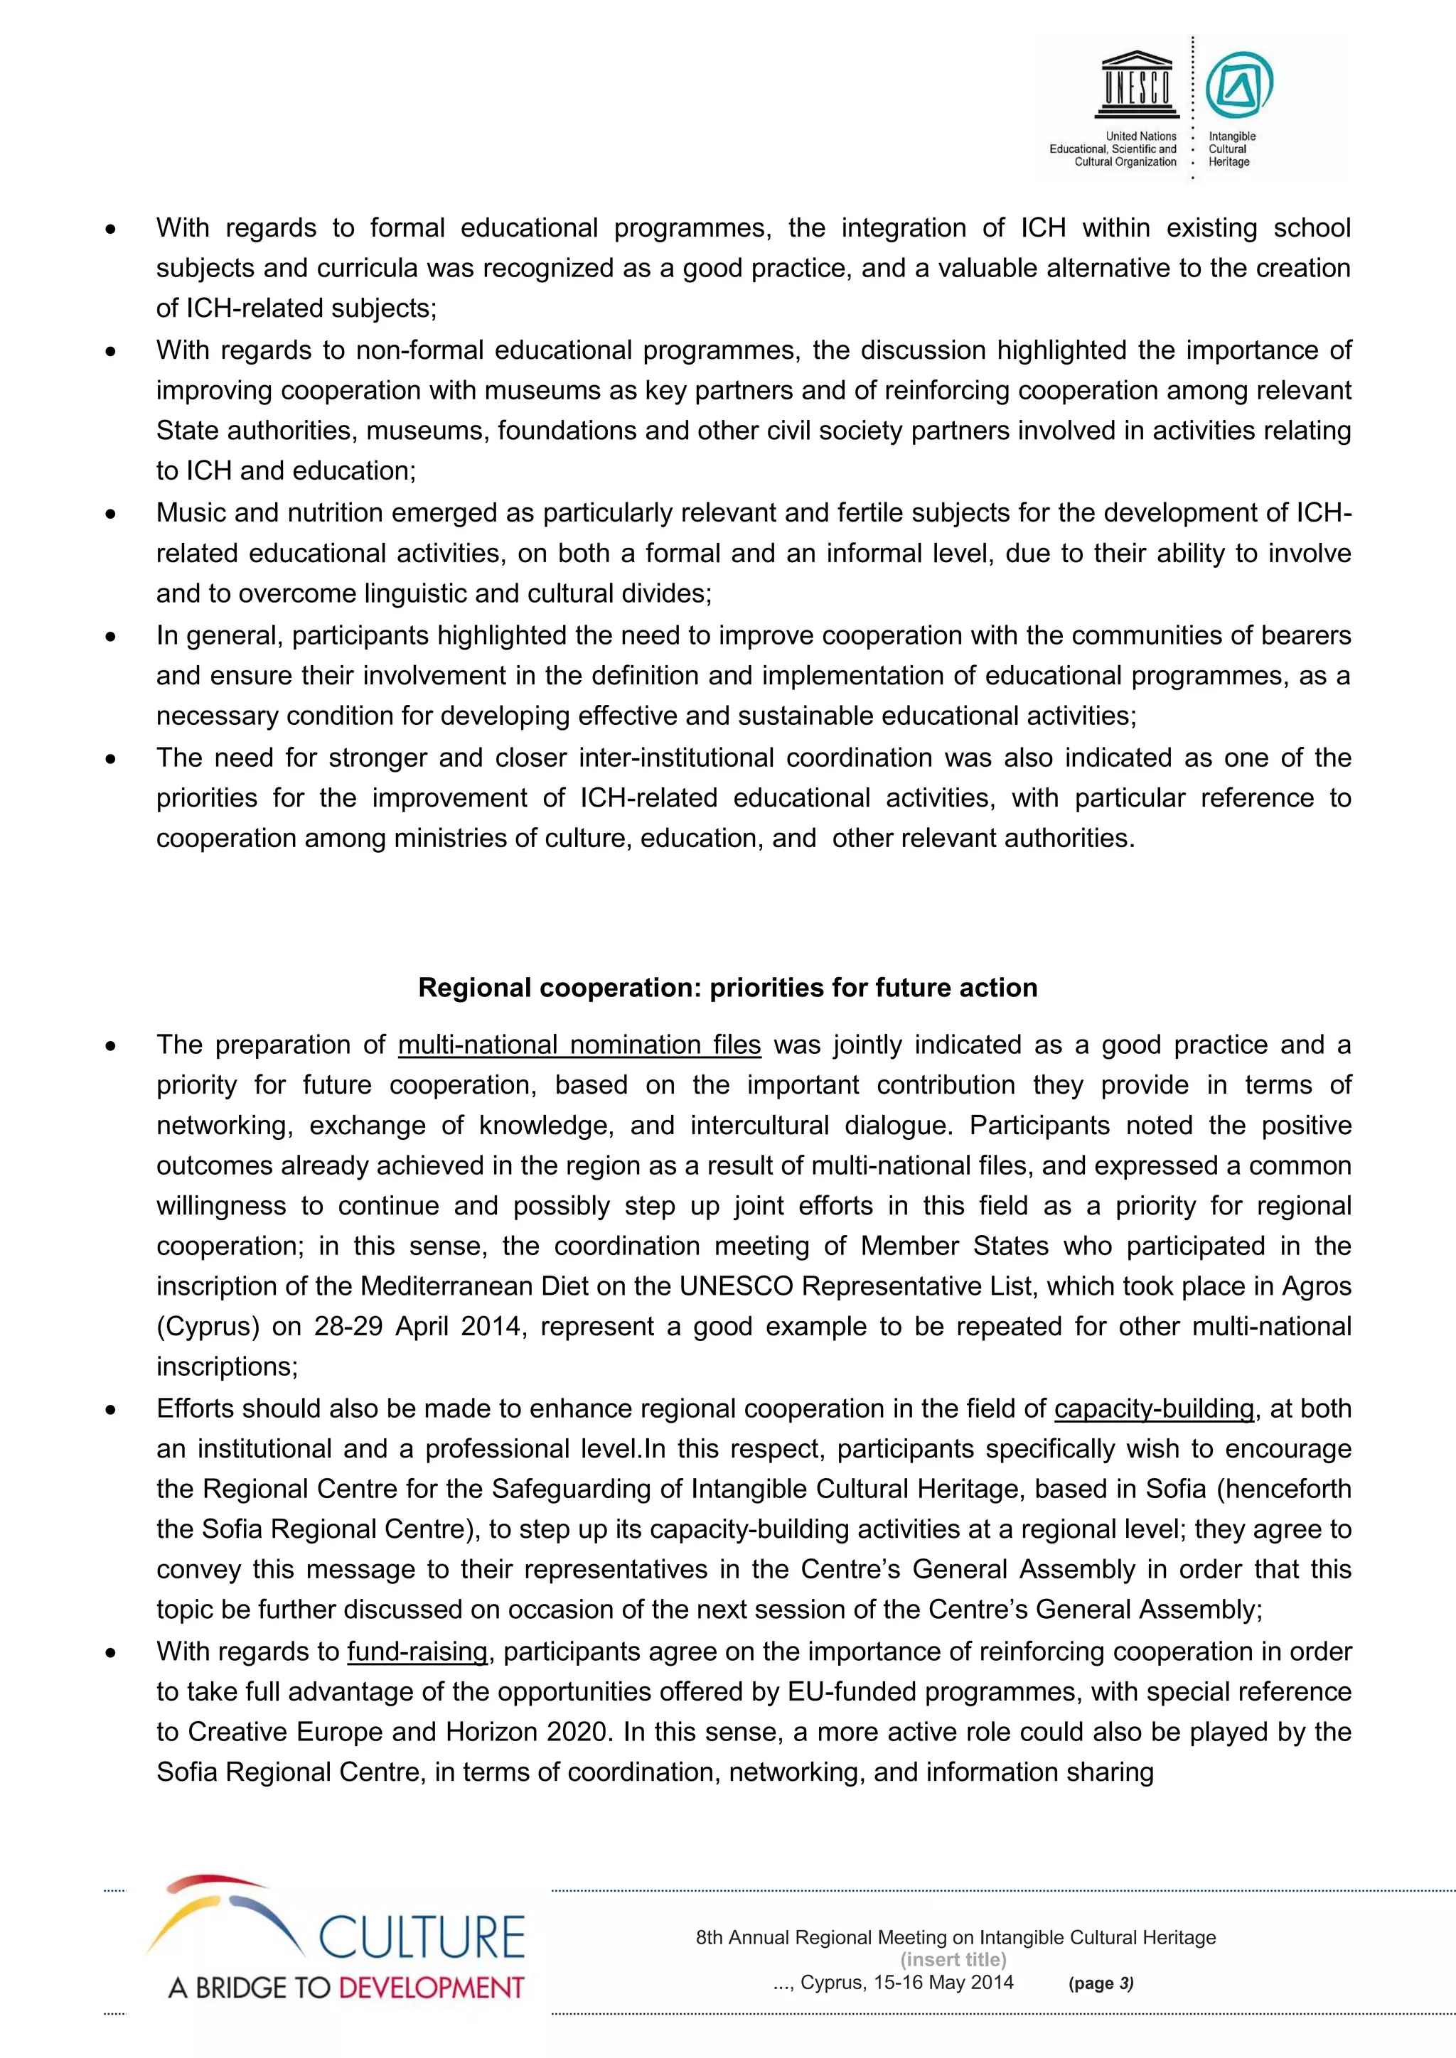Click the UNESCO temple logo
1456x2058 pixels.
(x=1137, y=85)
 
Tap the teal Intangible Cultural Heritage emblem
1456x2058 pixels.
(x=1238, y=86)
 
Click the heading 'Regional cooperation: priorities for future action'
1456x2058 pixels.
(x=727, y=988)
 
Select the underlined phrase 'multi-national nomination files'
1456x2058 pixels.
(x=579, y=1045)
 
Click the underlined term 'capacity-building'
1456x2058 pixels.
(x=1153, y=1409)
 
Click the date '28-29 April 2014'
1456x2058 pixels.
(x=418, y=1327)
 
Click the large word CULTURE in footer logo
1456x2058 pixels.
(x=422, y=1938)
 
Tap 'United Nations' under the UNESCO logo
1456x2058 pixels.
(x=1140, y=136)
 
